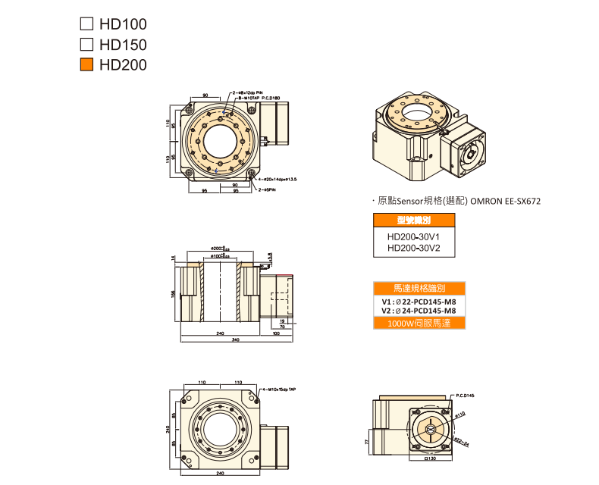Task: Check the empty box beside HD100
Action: point(86,24)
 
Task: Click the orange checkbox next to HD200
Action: point(86,65)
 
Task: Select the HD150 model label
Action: point(122,45)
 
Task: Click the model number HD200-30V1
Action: point(412,236)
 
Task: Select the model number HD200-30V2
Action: point(412,247)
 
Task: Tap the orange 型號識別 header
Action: point(413,221)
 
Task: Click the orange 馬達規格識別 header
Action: point(419,289)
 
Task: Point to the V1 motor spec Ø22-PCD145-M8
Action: point(419,301)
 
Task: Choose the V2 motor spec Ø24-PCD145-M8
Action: point(419,311)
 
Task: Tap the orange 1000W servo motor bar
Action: point(419,323)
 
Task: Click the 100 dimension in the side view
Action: point(276,333)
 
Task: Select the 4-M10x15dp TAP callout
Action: point(278,389)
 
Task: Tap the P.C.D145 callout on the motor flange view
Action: point(465,396)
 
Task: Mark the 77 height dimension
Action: point(367,440)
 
